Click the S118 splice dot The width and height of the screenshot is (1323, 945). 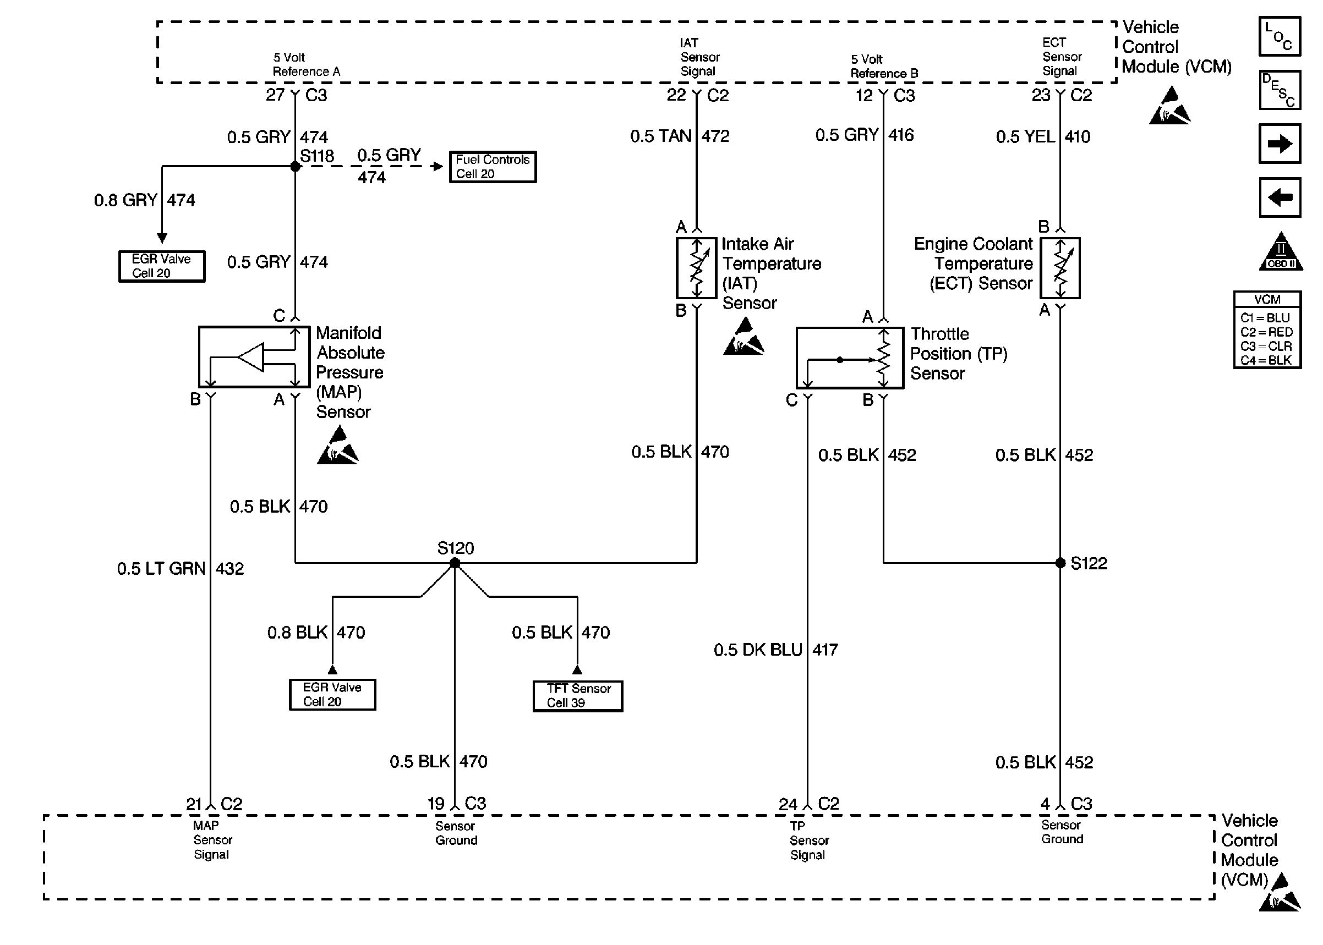pos(295,167)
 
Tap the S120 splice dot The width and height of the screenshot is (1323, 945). pos(455,563)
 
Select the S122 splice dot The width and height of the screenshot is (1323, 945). pos(1060,563)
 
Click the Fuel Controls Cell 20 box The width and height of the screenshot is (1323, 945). pos(493,167)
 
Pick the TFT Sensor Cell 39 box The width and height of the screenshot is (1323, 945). pos(578,696)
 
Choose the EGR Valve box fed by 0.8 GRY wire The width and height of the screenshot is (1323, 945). pos(162,267)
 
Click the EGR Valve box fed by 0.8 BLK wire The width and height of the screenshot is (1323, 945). pos(332,695)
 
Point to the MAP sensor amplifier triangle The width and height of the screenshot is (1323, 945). pos(252,356)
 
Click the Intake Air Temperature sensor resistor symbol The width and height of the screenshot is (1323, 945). pos(696,268)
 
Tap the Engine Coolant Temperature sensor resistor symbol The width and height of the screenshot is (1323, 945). pos(1060,268)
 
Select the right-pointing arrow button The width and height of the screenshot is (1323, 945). pos(1280,144)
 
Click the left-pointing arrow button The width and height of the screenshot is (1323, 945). pos(1280,197)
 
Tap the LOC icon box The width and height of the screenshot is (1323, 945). pos(1280,36)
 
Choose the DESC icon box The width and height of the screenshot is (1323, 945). pos(1280,90)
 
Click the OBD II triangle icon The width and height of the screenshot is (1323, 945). pos(1281,252)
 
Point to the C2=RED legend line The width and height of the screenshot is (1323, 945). pos(1266,332)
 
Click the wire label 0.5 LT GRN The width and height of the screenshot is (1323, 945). pos(161,569)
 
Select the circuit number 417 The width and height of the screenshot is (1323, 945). pos(825,650)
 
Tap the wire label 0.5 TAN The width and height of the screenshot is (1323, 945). pos(660,136)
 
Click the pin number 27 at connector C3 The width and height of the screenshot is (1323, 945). pos(275,95)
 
